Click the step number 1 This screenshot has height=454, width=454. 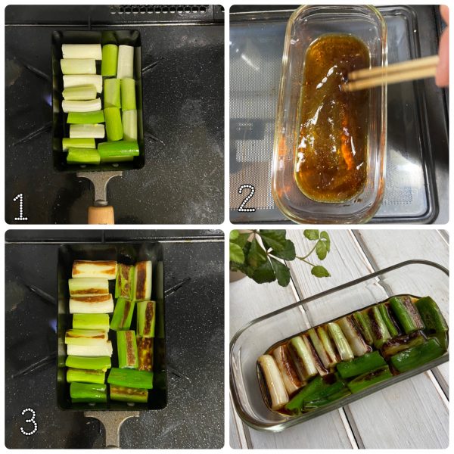20,207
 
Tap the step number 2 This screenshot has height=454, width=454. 247,198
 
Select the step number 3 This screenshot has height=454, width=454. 29,421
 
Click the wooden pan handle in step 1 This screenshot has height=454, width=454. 101,215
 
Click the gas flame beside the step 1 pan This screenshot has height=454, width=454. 49,99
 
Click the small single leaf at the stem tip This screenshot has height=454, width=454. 320,272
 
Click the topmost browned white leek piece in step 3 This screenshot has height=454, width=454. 95,269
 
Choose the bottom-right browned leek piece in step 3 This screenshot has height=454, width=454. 129,393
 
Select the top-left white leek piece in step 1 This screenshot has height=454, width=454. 82,51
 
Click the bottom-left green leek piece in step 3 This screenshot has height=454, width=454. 89,392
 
